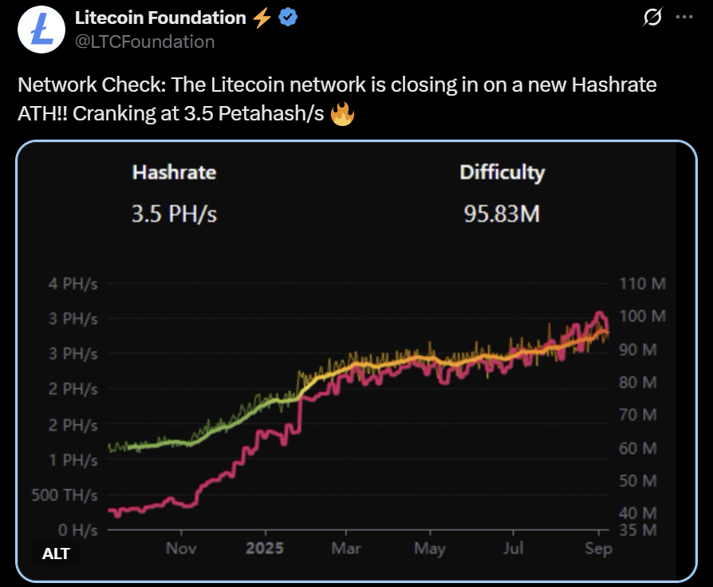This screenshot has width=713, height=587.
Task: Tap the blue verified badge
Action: point(288,18)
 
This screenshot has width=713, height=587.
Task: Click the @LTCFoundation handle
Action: point(144,41)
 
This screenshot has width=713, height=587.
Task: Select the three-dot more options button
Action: point(684,18)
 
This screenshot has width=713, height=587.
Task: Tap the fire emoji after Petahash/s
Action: point(342,114)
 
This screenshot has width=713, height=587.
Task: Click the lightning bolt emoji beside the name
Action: point(262,18)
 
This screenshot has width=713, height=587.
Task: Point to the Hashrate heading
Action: point(174,172)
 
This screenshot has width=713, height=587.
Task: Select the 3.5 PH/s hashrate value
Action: point(174,214)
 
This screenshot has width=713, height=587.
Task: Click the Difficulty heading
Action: point(502,172)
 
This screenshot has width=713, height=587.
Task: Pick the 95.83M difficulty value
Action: point(502,214)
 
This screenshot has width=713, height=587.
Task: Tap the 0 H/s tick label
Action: point(78,530)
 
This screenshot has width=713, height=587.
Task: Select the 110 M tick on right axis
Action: point(642,284)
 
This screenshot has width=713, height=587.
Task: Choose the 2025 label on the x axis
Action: point(265,549)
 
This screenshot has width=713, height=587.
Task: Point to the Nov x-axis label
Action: point(181,549)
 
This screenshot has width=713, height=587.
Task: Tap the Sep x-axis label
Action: point(598,549)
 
